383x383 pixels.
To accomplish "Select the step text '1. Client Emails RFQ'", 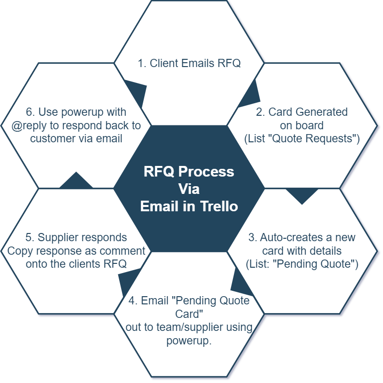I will coord(189,63).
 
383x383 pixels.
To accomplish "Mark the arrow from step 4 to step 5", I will coord(129,280).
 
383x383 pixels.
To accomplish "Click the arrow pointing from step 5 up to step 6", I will coord(76,180).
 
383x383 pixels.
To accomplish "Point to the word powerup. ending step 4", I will coord(189,341).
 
